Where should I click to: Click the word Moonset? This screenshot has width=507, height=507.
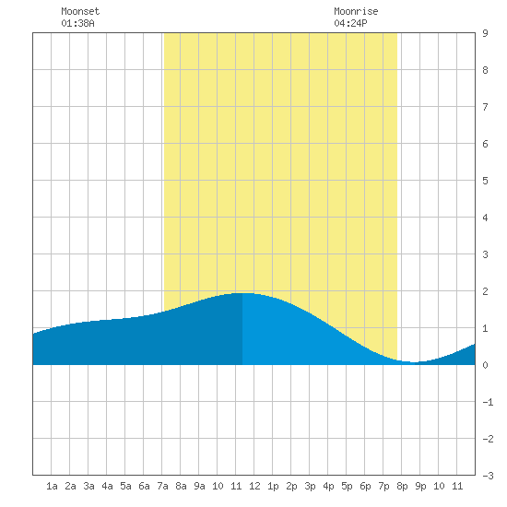pyautogui.click(x=80, y=11)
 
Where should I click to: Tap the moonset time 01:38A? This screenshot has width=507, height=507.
pyautogui.click(x=77, y=23)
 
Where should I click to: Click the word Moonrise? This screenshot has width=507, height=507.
pyautogui.click(x=356, y=11)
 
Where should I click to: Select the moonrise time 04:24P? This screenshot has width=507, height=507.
pyautogui.click(x=350, y=23)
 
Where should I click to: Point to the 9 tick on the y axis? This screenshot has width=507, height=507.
pyautogui.click(x=485, y=33)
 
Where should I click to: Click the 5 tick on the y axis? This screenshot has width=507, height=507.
pyautogui.click(x=485, y=181)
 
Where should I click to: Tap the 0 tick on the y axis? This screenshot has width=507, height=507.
pyautogui.click(x=485, y=365)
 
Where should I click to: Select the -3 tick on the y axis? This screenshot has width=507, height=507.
pyautogui.click(x=488, y=476)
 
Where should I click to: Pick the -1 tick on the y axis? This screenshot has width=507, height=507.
pyautogui.click(x=488, y=402)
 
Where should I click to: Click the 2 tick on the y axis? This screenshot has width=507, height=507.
pyautogui.click(x=485, y=291)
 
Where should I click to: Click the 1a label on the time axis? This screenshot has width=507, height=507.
pyautogui.click(x=52, y=486)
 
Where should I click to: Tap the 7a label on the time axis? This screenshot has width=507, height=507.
pyautogui.click(x=162, y=486)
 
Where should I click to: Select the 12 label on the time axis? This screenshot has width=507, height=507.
pyautogui.click(x=254, y=486)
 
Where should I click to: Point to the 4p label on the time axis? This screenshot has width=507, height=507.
pyautogui.click(x=328, y=486)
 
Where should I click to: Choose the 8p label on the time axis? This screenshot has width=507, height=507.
pyautogui.click(x=402, y=486)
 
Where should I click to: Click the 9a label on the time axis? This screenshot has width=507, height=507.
pyautogui.click(x=199, y=486)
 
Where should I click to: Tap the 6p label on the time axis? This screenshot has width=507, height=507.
pyautogui.click(x=365, y=486)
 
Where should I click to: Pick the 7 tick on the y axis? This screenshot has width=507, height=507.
pyautogui.click(x=485, y=107)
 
